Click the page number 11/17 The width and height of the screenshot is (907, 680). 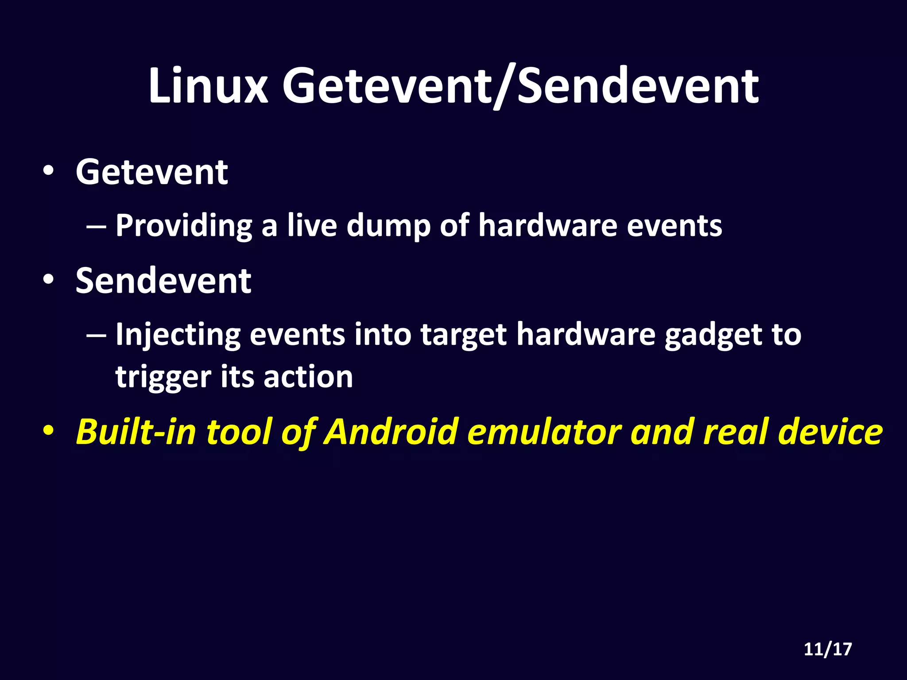[x=828, y=649]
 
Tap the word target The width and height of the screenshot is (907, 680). [x=463, y=335]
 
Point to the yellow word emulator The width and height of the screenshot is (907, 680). [x=544, y=431]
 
